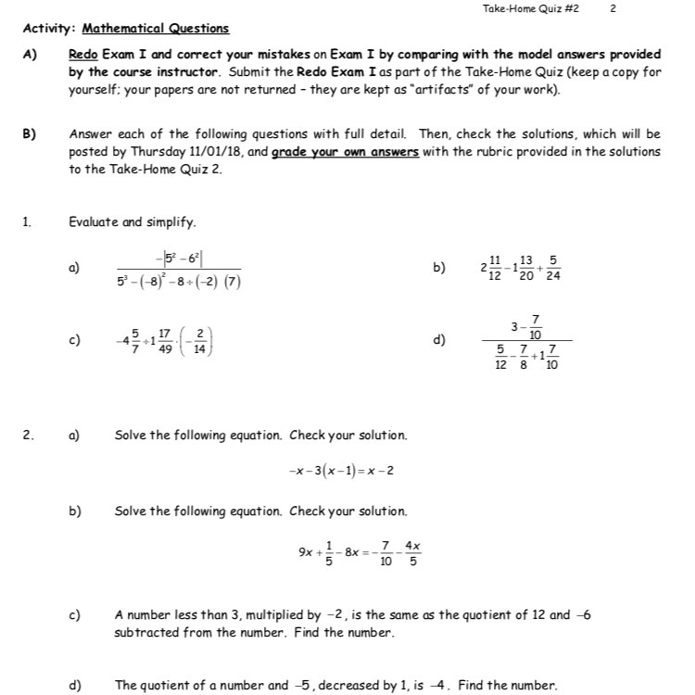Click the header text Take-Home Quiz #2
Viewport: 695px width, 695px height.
click(531, 9)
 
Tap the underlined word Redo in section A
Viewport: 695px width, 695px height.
click(83, 54)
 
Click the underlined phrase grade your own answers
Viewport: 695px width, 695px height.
click(345, 152)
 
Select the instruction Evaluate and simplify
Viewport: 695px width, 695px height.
click(133, 222)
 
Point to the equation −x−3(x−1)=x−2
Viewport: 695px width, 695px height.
click(341, 470)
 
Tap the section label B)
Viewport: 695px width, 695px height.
click(29, 134)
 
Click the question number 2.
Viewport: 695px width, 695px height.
click(28, 435)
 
